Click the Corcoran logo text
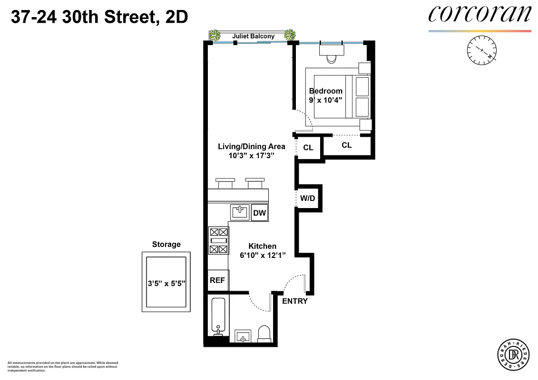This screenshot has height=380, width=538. click(x=479, y=14)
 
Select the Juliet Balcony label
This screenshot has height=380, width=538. click(x=253, y=36)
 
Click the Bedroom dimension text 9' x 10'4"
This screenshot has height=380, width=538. click(x=325, y=99)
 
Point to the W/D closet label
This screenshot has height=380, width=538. click(x=307, y=199)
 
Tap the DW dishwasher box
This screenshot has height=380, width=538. click(x=259, y=213)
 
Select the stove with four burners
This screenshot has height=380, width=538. click(x=218, y=240)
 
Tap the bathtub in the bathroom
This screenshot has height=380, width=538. click(x=218, y=316)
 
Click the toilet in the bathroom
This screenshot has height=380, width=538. click(x=264, y=334)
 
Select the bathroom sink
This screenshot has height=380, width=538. click(x=244, y=336)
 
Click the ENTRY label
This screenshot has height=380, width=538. click(x=295, y=301)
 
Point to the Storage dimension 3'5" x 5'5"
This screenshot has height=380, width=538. click(x=166, y=282)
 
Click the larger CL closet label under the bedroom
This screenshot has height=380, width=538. click(x=347, y=145)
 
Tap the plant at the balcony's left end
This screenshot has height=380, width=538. click(x=215, y=35)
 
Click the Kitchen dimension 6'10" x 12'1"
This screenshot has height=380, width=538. click(x=263, y=255)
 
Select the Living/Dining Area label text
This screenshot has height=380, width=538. click(x=252, y=146)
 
